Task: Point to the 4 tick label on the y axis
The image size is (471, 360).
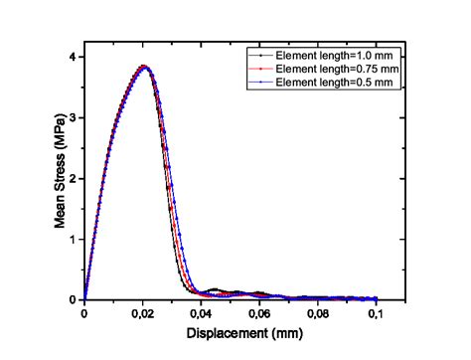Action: [x=75, y=58]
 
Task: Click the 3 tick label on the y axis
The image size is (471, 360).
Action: [x=75, y=118]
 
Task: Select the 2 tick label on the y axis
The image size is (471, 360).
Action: [x=75, y=179]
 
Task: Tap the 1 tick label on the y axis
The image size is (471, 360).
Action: [x=75, y=240]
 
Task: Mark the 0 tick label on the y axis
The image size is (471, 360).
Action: [x=75, y=299]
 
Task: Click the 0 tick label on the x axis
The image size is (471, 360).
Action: [x=84, y=313]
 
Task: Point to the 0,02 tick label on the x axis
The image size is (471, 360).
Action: [x=142, y=313]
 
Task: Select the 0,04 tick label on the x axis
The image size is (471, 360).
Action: [x=201, y=313]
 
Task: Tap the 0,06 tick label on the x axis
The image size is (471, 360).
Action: [x=259, y=313]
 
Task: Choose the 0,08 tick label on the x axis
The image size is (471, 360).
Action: [x=318, y=313]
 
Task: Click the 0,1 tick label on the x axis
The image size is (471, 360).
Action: [x=377, y=313]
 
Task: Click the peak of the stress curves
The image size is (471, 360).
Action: [x=144, y=67]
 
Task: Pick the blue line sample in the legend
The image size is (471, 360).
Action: [x=258, y=84]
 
